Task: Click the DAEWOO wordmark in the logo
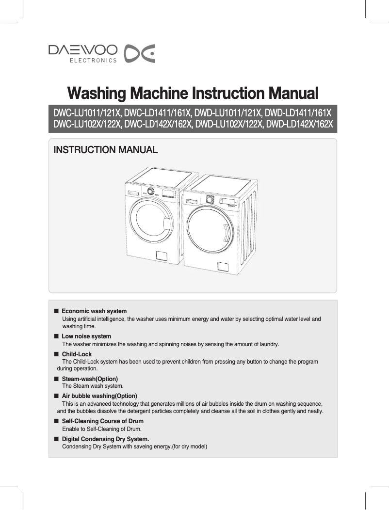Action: pos(82,50)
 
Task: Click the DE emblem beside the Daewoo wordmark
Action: pos(140,54)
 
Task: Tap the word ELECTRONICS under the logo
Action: pos(93,61)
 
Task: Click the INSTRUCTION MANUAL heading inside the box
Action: pos(105,150)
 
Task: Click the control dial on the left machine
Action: pos(151,191)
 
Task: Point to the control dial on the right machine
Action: pos(210,199)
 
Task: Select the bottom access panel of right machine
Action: pos(223,267)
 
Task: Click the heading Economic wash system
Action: pos(94,311)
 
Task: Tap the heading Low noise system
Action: pos(86,336)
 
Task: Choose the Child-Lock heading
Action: pos(77,354)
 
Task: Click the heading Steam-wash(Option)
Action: pos(90,378)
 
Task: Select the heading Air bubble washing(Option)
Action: pos(99,396)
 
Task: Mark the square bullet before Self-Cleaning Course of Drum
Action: pos(56,421)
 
